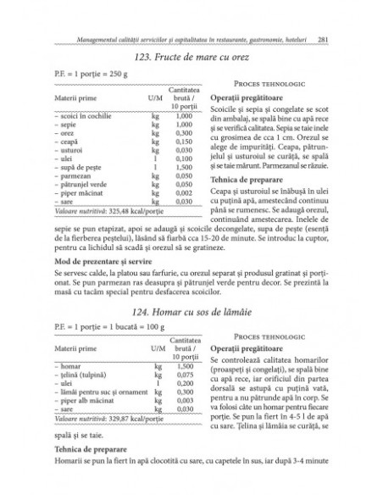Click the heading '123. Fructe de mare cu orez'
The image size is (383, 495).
click(x=191, y=58)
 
